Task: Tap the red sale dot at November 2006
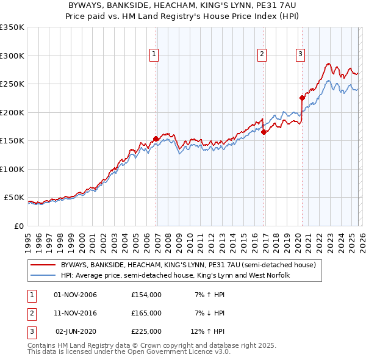[156, 139]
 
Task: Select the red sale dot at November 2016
[264, 132]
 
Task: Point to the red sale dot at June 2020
[302, 98]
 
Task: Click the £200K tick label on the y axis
[12, 112]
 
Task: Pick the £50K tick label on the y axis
[14, 198]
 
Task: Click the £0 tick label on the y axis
[18, 226]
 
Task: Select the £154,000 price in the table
[146, 295]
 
